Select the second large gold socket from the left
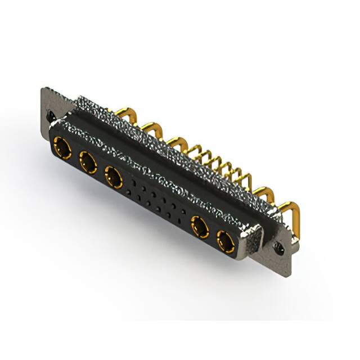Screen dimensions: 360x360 pos(87,163)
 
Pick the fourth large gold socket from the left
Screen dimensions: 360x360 pos(200,227)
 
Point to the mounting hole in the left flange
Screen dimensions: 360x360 pos(52,117)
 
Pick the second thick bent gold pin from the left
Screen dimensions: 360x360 pos(151,128)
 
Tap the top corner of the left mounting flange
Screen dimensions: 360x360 pos(45,89)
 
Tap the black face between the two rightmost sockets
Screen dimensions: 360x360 pos(213,235)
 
